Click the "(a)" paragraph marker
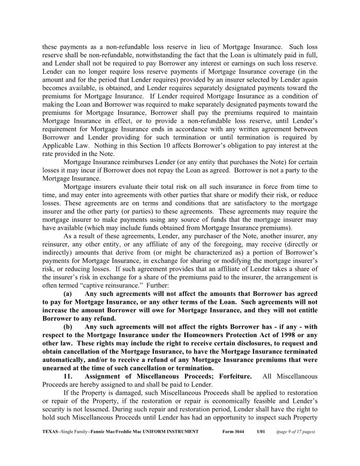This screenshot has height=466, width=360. pyautogui.click(x=68, y=294)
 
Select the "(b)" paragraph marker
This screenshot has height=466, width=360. pyautogui.click(x=68, y=327)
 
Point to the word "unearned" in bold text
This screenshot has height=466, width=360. pyautogui.click(x=57, y=368)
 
